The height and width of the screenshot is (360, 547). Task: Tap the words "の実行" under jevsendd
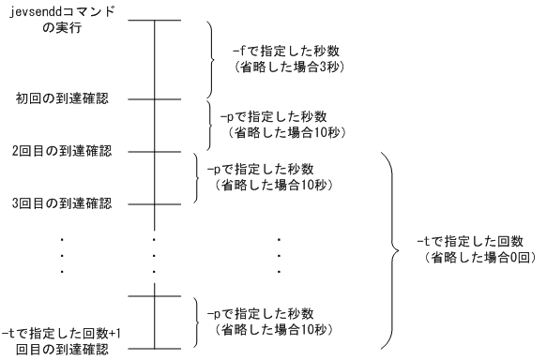click(63, 28)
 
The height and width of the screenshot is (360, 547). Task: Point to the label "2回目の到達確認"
click(61, 151)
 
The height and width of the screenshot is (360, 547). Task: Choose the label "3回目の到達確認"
click(61, 203)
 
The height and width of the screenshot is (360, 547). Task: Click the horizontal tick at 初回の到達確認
click(154, 97)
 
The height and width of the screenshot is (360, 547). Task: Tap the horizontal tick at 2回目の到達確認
click(154, 150)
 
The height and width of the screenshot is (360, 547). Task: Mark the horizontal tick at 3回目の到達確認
click(154, 202)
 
